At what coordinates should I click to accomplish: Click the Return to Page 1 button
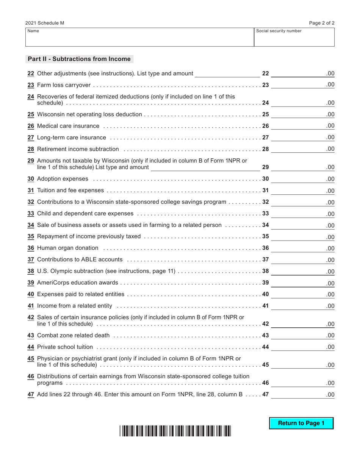coord(301,423)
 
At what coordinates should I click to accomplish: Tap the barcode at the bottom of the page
coord(175,431)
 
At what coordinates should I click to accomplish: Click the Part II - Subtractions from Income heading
coord(79,59)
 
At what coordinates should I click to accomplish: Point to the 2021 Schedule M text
coord(45,23)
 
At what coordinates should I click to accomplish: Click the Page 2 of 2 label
coord(322,23)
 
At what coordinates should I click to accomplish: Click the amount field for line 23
coord(302,85)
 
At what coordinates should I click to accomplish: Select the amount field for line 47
coord(302,394)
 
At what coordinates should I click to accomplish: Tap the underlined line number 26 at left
coord(31,126)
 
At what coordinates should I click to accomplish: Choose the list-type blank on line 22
coord(227,74)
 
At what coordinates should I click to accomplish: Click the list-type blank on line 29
coord(205,167)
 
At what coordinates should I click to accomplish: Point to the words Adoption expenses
coord(63,179)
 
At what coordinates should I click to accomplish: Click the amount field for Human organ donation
coord(302,249)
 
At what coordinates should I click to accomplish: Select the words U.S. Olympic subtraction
coord(70,271)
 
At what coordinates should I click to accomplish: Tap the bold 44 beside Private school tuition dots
coord(265,347)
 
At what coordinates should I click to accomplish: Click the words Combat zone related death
coord(74,336)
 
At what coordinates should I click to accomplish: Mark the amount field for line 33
coord(302,214)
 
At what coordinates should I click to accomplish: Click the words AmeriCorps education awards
coord(78,283)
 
